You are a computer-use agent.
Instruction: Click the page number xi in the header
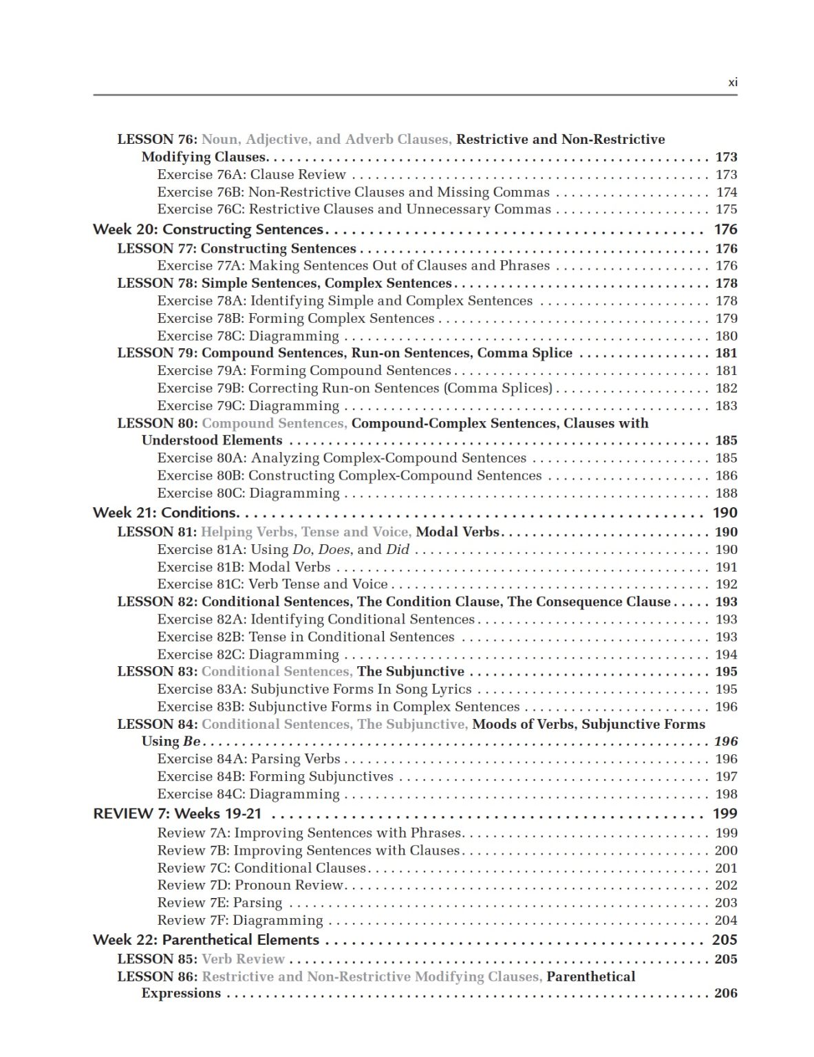732,83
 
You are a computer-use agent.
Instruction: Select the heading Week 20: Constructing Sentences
208,229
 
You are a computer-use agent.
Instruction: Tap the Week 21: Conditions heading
165,513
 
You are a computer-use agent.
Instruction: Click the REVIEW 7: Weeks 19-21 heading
178,813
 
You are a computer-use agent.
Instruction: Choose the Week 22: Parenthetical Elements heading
206,940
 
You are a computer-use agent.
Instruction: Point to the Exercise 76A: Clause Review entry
251,175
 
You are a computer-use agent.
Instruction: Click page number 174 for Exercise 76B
726,193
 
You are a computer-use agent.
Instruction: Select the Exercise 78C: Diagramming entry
248,337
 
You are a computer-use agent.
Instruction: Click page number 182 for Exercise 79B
726,388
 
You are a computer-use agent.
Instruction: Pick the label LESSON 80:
158,423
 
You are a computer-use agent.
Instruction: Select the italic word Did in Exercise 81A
397,550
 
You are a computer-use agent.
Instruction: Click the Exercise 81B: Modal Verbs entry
244,568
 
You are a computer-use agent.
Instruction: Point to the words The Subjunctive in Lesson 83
411,672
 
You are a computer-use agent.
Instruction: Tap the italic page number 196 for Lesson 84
726,742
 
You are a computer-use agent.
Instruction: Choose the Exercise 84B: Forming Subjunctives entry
275,777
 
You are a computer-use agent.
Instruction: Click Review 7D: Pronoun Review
250,886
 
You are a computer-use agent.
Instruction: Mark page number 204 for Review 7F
726,921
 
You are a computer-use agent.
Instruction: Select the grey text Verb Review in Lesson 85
243,959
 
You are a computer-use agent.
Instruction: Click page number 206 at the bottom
726,994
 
